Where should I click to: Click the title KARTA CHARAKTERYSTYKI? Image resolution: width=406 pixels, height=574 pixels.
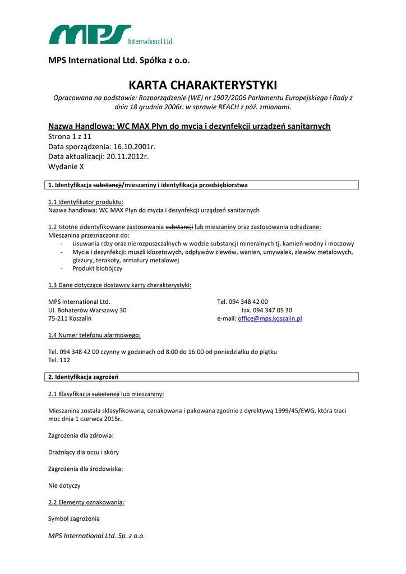click(203, 85)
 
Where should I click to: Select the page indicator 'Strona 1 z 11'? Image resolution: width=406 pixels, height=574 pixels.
click(70, 136)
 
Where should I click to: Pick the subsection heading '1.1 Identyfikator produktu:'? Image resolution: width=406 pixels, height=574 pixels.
click(86, 202)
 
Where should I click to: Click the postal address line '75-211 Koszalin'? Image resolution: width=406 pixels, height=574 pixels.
click(70, 318)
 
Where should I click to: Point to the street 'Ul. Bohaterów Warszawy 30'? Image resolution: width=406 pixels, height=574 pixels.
click(87, 310)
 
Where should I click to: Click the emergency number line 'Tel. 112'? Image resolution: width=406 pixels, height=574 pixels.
click(59, 360)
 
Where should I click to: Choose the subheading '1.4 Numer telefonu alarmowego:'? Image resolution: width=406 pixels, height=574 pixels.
click(94, 335)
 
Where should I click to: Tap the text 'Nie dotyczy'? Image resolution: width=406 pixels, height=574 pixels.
click(64, 485)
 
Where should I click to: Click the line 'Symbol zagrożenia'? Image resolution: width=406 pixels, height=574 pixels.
click(74, 519)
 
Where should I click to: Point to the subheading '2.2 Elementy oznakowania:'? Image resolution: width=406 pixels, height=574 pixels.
click(86, 502)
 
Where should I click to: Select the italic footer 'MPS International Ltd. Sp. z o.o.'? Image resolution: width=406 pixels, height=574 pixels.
click(96, 536)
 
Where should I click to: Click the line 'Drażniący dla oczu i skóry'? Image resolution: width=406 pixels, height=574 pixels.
click(84, 452)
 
